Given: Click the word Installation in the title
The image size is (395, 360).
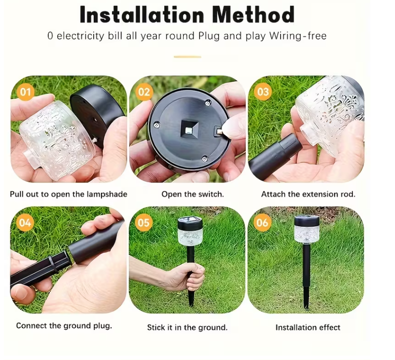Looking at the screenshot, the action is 141,15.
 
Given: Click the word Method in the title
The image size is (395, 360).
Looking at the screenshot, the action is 253,15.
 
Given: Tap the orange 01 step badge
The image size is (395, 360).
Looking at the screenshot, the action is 25,92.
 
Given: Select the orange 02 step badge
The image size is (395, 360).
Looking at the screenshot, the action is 144,92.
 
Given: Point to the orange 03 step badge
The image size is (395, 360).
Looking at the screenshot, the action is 263,92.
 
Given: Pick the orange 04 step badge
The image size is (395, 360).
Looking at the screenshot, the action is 25,223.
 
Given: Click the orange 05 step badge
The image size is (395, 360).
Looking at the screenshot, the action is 143,223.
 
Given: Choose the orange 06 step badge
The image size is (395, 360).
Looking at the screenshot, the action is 262,223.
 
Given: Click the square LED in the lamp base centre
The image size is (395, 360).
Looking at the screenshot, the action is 188,130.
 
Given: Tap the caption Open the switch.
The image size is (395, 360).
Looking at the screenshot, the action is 193,194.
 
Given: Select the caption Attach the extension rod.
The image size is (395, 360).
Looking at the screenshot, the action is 308,194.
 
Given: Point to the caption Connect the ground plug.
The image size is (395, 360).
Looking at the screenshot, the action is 64,326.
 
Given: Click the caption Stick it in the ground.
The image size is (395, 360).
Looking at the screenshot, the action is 187,328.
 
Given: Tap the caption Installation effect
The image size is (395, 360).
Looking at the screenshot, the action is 308,328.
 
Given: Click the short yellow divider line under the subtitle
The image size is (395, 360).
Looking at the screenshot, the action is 187,57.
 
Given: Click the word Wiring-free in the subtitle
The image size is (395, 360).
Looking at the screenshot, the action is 298,36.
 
